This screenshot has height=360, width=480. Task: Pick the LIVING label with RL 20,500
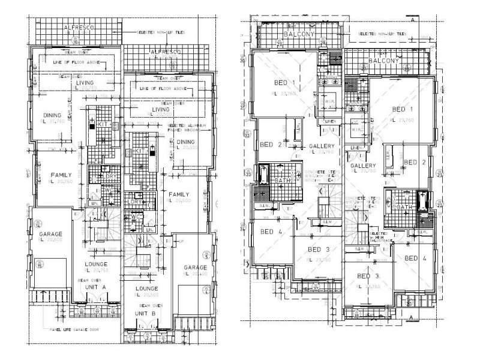(x=161, y=111)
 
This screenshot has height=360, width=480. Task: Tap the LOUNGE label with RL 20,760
(x=96, y=266)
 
